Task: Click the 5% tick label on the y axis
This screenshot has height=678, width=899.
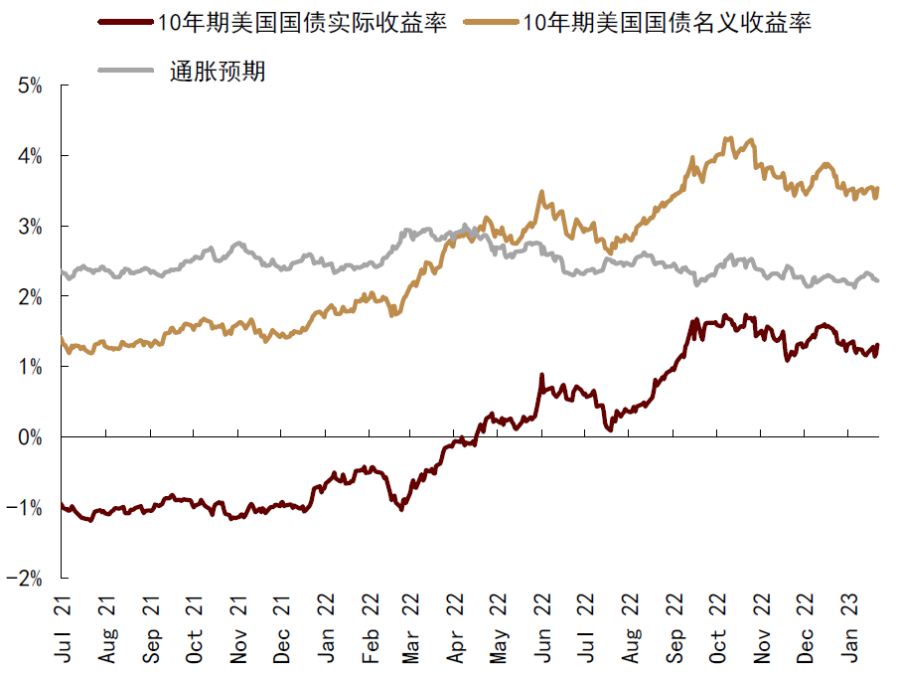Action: pyautogui.click(x=30, y=85)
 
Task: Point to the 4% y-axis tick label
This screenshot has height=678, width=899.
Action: pyautogui.click(x=30, y=156)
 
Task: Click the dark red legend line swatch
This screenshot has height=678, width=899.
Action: pyautogui.click(x=124, y=23)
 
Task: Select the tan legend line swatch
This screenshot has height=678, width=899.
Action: pyautogui.click(x=490, y=23)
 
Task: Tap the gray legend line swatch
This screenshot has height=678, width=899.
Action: pyautogui.click(x=124, y=71)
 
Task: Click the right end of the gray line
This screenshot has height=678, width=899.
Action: pyautogui.click(x=878, y=280)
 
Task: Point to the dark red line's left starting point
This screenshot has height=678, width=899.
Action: pyautogui.click(x=62, y=504)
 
